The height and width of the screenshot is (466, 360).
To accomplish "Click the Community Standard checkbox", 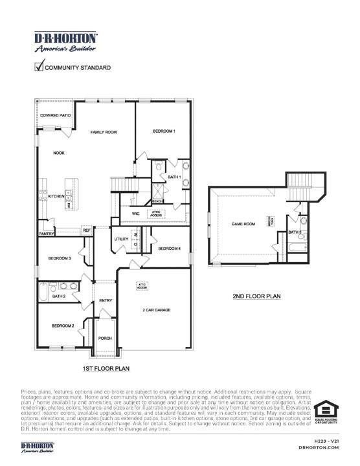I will pos(39,66).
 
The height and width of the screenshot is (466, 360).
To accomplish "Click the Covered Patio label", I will pos(55,115).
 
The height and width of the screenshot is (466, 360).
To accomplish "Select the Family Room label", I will pos(103,132).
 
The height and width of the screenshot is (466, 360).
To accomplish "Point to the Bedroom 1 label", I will pos(164,131).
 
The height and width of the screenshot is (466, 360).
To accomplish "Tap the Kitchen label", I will pos(56,196).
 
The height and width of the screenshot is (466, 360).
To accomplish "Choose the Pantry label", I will pos(46,234).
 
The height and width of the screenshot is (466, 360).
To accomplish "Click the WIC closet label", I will pos(136,213).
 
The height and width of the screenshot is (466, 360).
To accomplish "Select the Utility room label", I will pos(122,239).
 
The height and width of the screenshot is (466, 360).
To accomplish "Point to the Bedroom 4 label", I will pos(170,249).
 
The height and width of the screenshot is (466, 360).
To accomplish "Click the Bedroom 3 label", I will pos(60,259).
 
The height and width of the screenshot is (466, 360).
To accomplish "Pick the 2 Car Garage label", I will pos(156,310).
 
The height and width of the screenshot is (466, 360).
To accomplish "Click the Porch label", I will pos(105,338).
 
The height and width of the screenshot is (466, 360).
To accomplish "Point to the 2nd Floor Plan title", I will pos(256,296).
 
